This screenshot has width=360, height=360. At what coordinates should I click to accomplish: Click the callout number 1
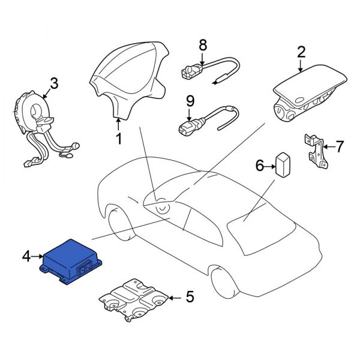pos(118,139)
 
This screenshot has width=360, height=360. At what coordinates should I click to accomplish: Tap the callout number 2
pos(301,52)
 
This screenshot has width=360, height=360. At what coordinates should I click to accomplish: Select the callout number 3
pos(53,83)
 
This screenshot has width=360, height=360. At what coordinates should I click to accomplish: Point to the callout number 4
pos(26,257)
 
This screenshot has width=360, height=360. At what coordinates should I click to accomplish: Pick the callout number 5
pos(190,296)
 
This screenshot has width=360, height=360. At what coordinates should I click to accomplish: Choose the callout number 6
pos(260,165)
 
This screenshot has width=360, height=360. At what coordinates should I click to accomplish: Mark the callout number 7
pos(340,146)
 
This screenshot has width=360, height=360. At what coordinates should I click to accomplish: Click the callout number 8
pos(202,44)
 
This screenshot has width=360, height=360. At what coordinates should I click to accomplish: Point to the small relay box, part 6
pos(283,163)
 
